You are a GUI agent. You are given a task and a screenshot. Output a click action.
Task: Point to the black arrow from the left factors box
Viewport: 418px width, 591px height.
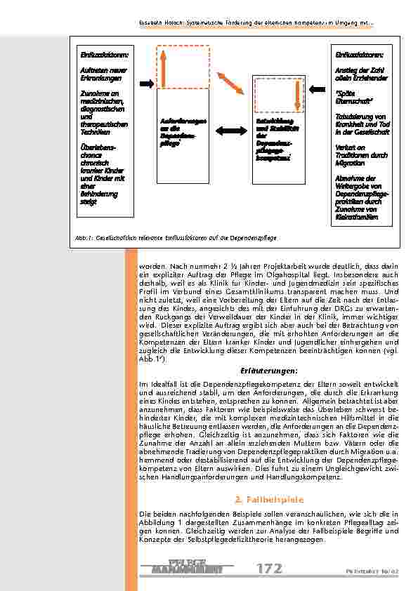(145, 84)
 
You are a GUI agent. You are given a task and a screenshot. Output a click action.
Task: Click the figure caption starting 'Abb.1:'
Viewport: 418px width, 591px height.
(176, 238)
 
